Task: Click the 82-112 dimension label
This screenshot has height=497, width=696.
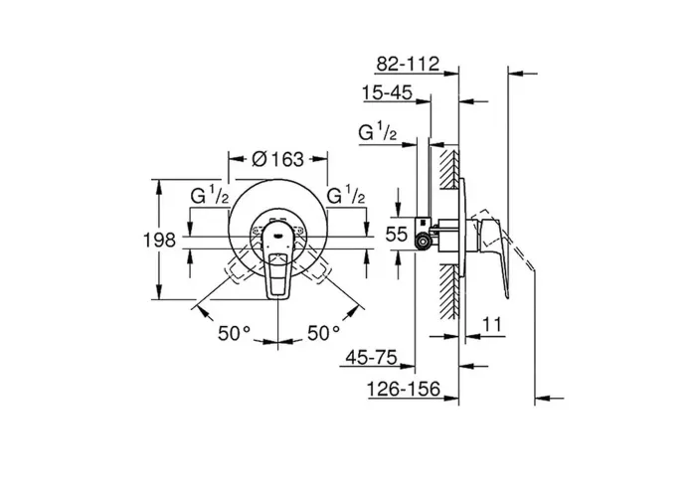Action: point(408,64)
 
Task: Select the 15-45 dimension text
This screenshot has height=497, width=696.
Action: point(387,93)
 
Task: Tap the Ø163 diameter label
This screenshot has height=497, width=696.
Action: point(277,159)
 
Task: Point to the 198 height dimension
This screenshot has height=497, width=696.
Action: point(159,241)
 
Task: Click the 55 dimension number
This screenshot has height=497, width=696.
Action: point(396,234)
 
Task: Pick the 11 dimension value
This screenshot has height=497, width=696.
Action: point(492,324)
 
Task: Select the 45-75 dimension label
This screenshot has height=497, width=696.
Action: point(371,357)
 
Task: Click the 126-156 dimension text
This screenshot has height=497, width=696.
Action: point(403,390)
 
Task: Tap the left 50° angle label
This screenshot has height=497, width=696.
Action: point(235,333)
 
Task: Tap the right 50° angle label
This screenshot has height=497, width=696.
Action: point(324,333)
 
